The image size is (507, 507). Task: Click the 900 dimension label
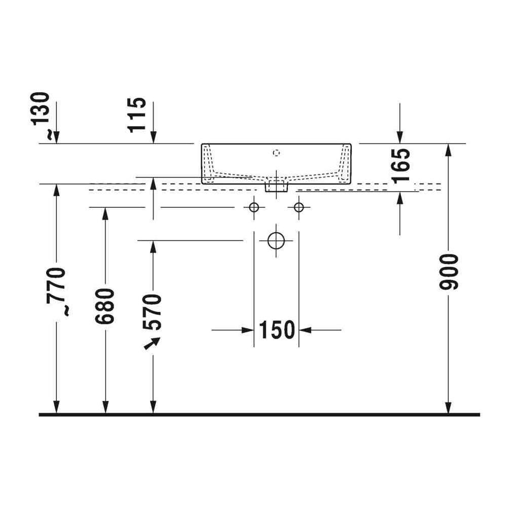point(449,272)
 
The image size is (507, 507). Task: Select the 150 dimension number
point(277,330)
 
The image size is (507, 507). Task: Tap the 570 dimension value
point(152,312)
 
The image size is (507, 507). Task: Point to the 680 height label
point(105,306)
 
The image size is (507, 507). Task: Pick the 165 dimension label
point(401,166)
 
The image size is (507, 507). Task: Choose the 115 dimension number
point(137,115)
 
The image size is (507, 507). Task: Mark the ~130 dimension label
point(41,116)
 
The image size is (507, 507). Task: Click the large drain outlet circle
point(276,240)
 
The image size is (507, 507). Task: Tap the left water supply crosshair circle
point(254,207)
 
